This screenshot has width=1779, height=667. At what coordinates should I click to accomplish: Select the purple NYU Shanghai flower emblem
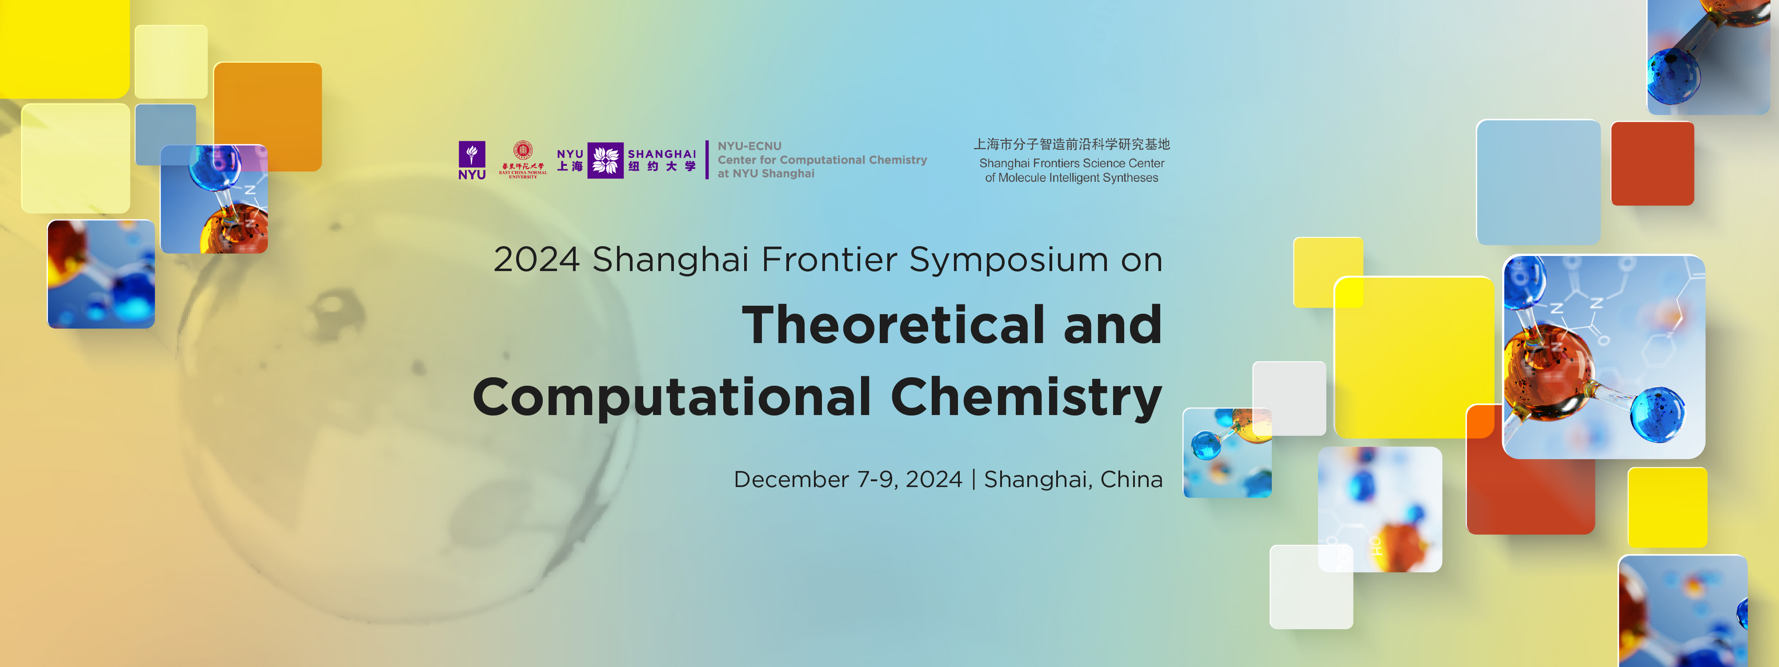click(x=605, y=160)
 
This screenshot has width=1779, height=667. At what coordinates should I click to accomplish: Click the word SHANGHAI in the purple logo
click(x=661, y=154)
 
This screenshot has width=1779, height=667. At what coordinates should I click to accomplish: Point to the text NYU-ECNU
click(x=749, y=146)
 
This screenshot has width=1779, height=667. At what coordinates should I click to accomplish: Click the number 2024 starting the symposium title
click(x=536, y=260)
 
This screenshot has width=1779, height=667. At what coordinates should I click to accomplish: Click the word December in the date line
click(x=791, y=479)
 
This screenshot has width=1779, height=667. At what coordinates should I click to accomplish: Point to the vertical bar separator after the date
click(x=973, y=479)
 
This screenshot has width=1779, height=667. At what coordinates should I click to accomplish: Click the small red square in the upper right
click(x=1652, y=164)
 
